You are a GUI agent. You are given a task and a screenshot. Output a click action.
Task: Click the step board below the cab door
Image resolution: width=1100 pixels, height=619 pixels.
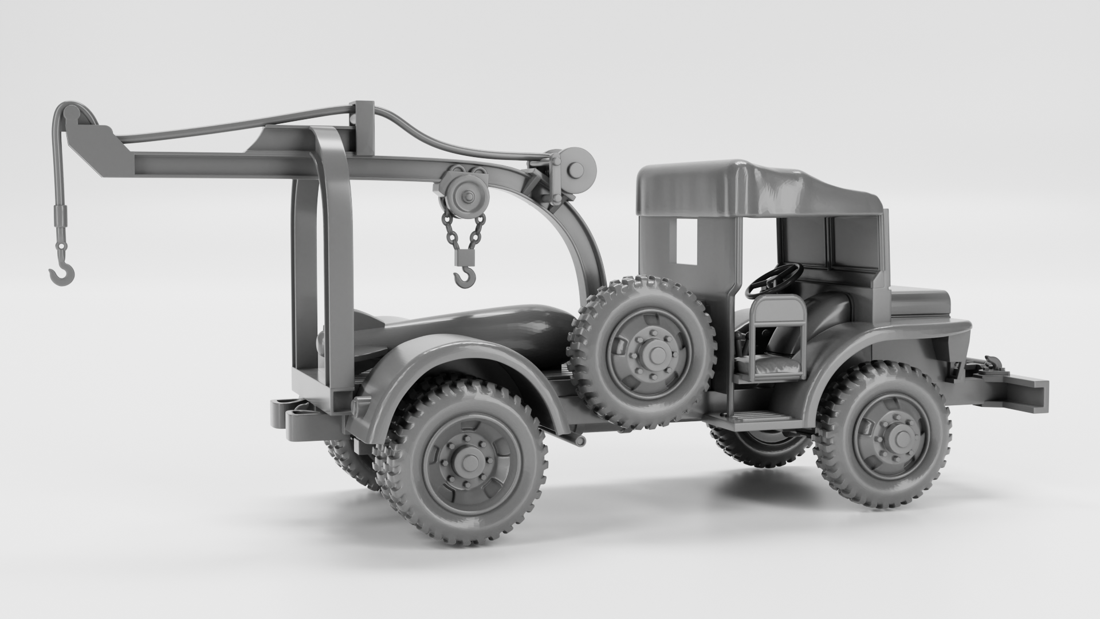tap(756, 416)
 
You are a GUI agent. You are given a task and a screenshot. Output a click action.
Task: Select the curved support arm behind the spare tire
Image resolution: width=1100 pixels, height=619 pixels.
tap(573, 241)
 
